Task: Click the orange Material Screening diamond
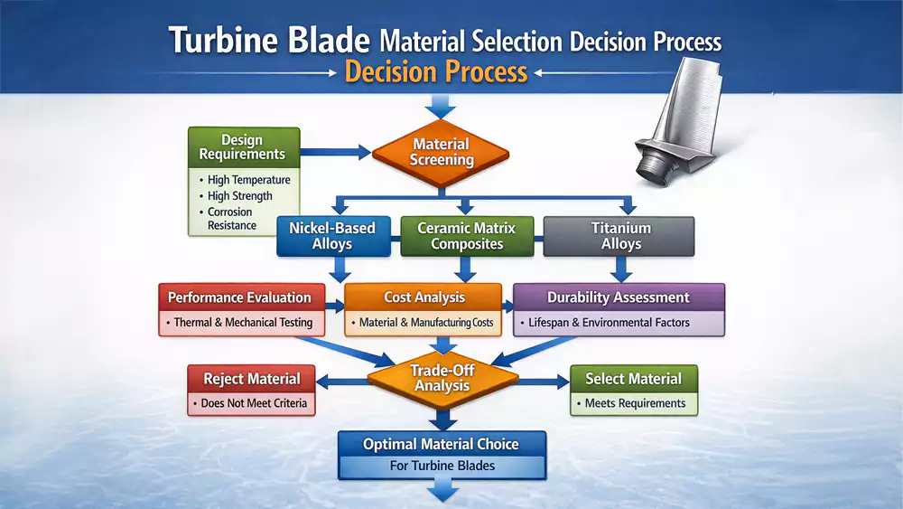442,152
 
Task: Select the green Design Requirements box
242,146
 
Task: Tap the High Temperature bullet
248,180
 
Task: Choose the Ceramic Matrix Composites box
466,236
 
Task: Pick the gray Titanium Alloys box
621,236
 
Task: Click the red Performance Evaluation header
239,297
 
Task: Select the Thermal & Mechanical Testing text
243,323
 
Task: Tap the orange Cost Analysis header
424,297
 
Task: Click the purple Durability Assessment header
619,297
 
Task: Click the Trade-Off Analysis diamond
442,378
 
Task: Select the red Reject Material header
252,378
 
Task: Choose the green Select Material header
633,378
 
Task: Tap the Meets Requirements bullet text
635,403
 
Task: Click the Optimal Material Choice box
442,444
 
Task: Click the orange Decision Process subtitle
436,71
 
